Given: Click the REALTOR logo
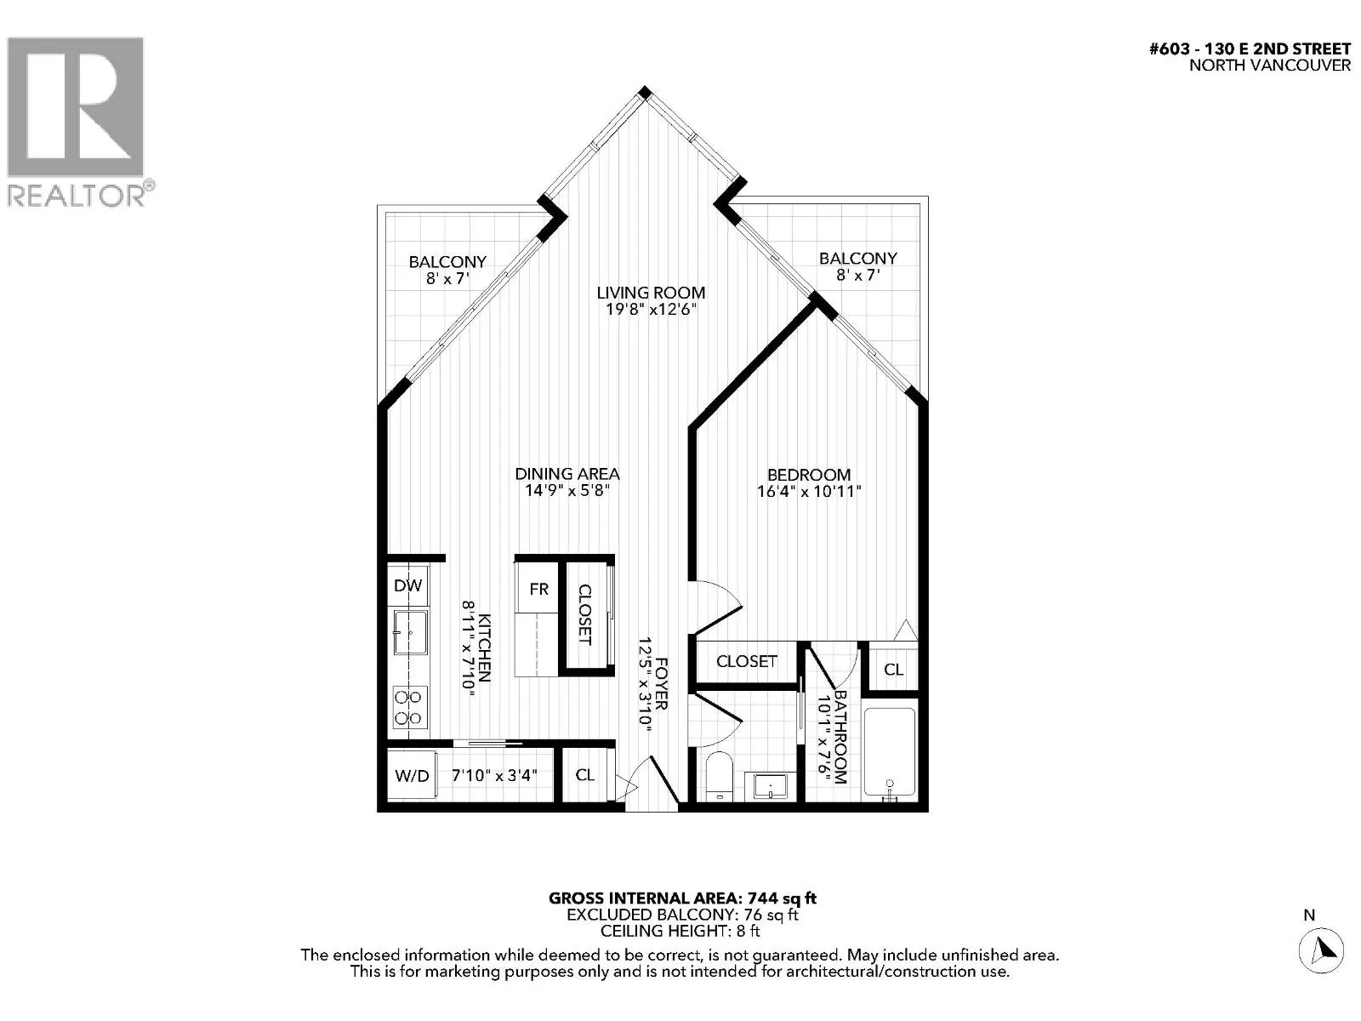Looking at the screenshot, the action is [x=81, y=122].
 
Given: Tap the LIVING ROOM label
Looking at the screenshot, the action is [x=651, y=292].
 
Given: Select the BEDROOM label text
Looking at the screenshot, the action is [x=809, y=475].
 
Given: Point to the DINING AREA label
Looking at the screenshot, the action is [x=567, y=474].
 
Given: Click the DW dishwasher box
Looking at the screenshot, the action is [x=408, y=585].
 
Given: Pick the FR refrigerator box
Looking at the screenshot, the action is [x=538, y=588].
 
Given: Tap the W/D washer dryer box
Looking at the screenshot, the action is [x=412, y=775].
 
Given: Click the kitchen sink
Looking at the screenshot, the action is [x=410, y=632].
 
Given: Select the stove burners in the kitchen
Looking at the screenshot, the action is [x=408, y=707].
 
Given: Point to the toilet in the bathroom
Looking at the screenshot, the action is [x=720, y=776].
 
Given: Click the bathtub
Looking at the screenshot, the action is [x=889, y=752].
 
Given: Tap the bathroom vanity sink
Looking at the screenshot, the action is [x=770, y=786].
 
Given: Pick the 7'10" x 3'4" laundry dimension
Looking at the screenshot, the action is [x=494, y=775].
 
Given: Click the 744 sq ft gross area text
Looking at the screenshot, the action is [x=782, y=898].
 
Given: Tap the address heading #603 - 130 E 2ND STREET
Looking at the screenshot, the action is [x=1250, y=49].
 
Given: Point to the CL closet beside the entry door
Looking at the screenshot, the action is [x=584, y=775].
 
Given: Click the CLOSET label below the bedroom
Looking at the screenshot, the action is [x=747, y=661].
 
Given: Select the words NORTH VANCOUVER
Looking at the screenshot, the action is [x=1270, y=66].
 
